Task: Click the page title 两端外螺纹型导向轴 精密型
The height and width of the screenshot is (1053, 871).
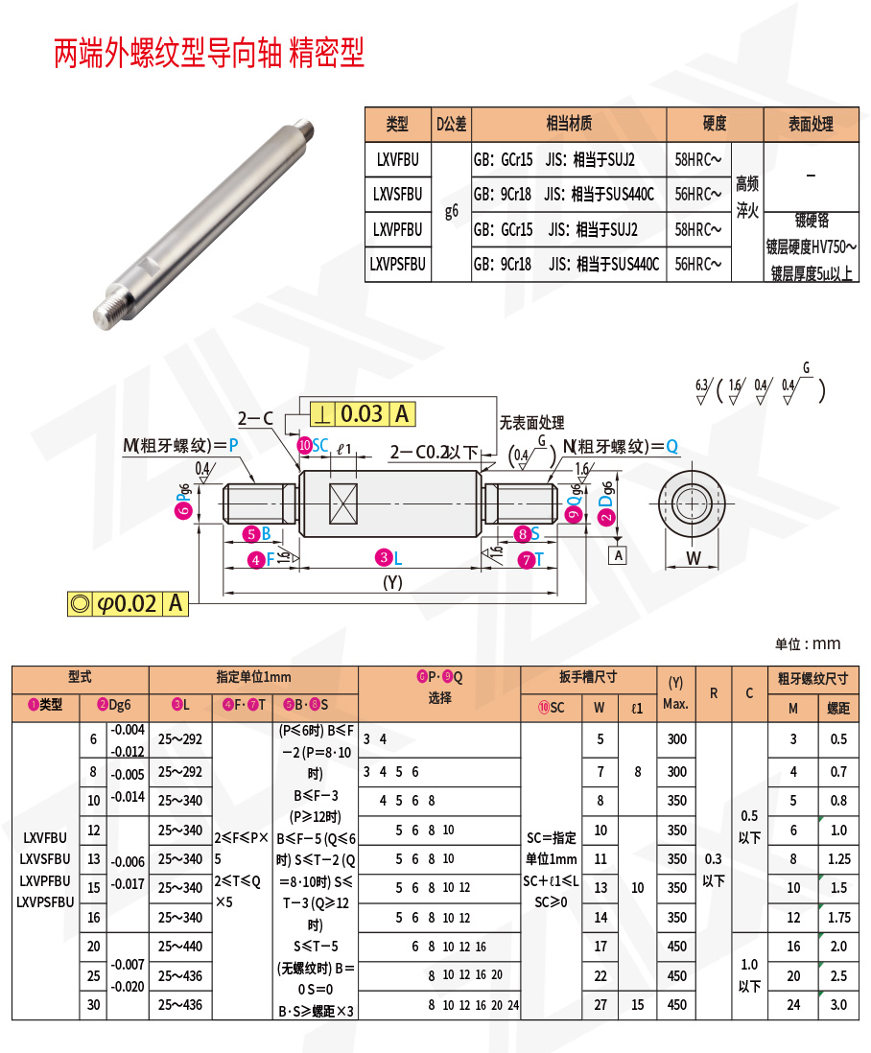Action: pyautogui.click(x=209, y=54)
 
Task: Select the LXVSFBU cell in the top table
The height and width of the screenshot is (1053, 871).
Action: pyautogui.click(x=397, y=194)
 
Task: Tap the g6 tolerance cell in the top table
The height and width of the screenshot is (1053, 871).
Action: pyautogui.click(x=451, y=211)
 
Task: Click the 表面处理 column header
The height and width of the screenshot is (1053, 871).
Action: pyautogui.click(x=811, y=124)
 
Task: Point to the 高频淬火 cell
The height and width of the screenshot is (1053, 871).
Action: pyautogui.click(x=747, y=196)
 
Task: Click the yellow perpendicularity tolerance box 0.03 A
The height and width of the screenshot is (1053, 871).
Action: pyautogui.click(x=363, y=414)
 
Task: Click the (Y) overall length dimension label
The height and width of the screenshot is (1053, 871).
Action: pyautogui.click(x=392, y=582)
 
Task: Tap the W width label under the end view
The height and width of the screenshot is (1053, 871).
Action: pyautogui.click(x=694, y=559)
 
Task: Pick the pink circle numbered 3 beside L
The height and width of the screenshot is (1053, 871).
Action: pyautogui.click(x=384, y=558)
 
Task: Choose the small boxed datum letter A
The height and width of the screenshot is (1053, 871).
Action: pyautogui.click(x=619, y=555)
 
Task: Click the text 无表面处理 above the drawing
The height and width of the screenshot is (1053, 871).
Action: pyautogui.click(x=531, y=423)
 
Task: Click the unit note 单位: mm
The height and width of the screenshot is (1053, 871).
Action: pyautogui.click(x=808, y=643)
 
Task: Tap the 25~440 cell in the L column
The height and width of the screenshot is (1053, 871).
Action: pyautogui.click(x=180, y=947)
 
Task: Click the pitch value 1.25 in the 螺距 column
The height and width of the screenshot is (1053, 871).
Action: pyautogui.click(x=838, y=859)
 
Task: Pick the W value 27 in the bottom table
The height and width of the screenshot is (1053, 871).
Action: pyautogui.click(x=600, y=1005)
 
